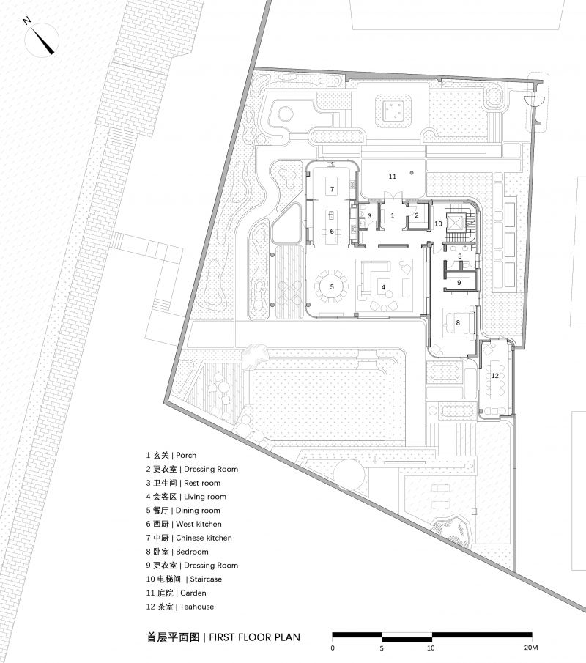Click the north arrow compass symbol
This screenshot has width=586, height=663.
42,40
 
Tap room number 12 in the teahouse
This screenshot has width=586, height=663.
494,376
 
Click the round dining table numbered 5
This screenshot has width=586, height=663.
332,287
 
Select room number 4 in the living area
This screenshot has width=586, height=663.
384,287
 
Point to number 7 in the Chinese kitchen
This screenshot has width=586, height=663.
333,189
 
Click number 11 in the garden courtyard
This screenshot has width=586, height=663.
393,177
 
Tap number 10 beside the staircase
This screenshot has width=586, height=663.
438,223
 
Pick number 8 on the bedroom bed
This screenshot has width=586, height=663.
458,322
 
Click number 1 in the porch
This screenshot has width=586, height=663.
393,215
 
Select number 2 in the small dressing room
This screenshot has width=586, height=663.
417,215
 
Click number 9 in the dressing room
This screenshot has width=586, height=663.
459,283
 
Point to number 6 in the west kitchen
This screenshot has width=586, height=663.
332,232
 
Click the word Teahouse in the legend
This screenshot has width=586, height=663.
196,607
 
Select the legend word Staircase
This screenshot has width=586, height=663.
206,579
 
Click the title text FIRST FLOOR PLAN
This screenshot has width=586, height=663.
254,637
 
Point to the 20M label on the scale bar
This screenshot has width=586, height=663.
530,648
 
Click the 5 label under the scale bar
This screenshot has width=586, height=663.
382,648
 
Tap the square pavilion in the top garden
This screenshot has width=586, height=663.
394,111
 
